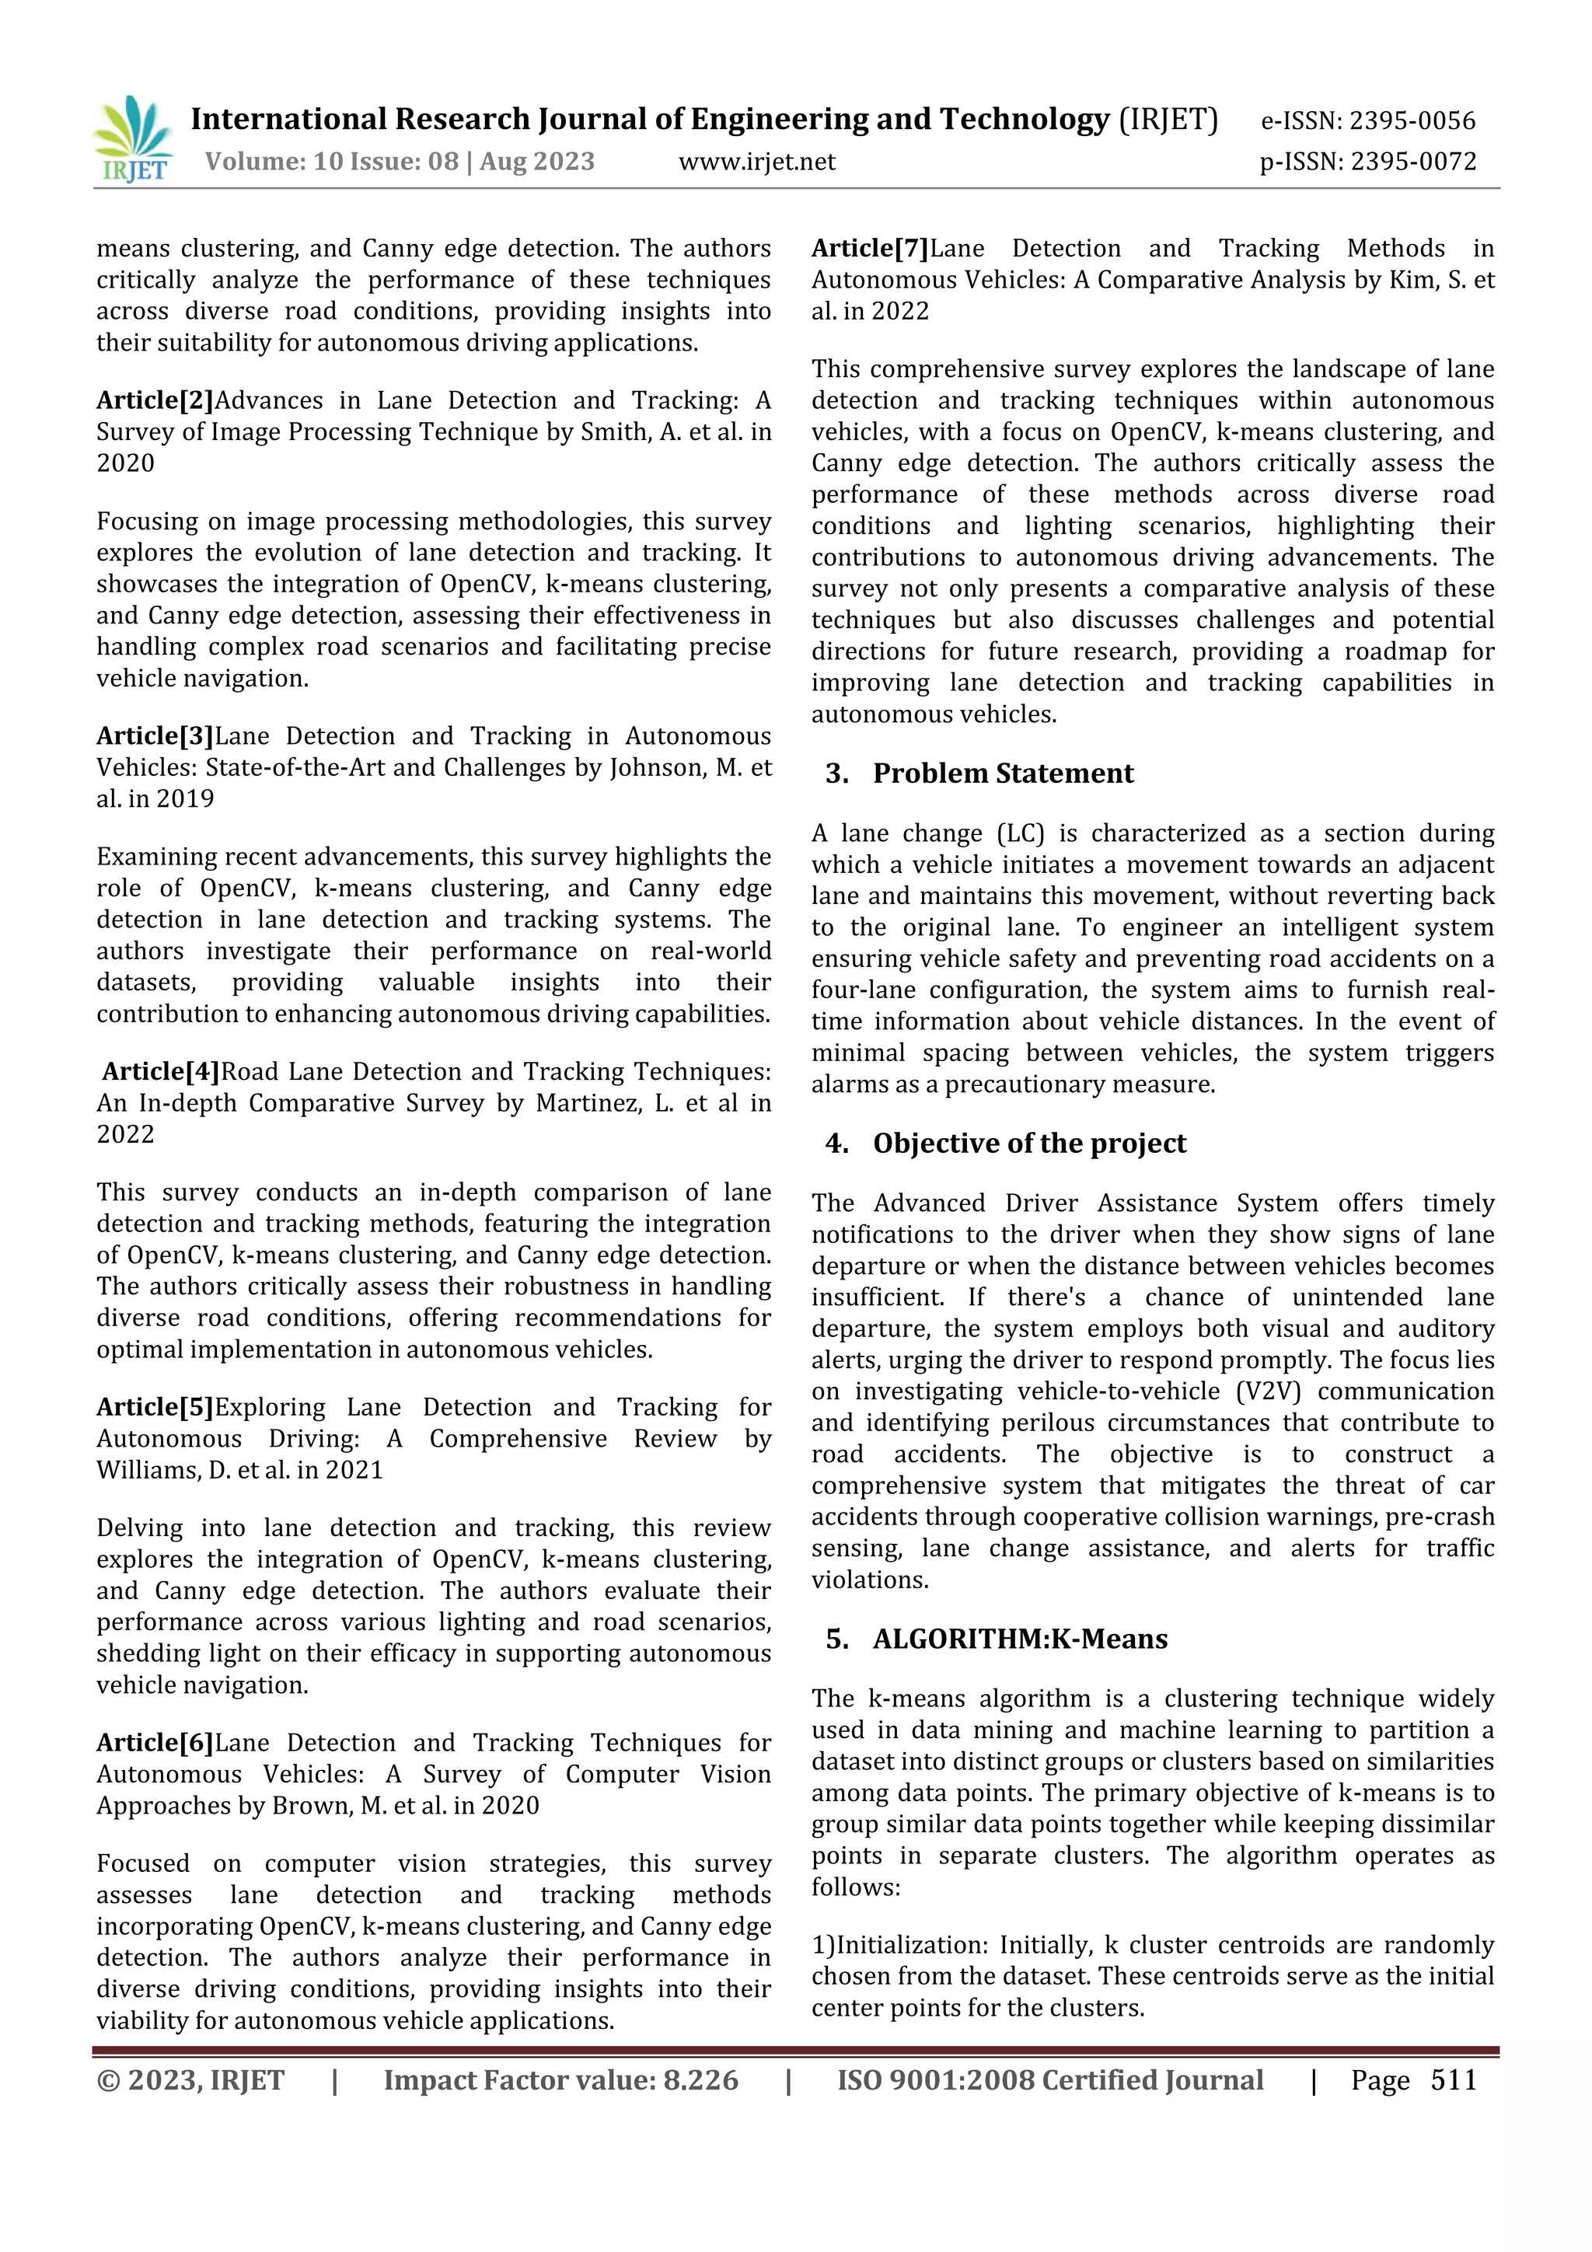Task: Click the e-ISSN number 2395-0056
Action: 1412,120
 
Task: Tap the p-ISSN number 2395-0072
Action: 1412,162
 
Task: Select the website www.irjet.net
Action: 756,162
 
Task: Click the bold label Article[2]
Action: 155,400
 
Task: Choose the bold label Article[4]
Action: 161,1071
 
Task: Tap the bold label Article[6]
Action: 155,1742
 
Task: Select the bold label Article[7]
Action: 870,248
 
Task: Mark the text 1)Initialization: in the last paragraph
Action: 899,1944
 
